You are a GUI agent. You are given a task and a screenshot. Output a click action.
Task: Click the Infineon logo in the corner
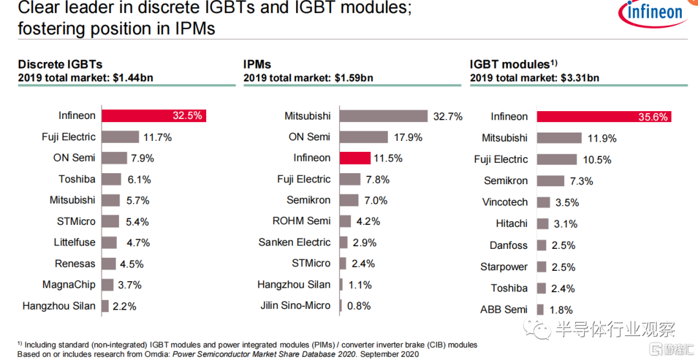click(x=653, y=14)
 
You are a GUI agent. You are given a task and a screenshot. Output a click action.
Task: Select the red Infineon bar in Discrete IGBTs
click(x=154, y=116)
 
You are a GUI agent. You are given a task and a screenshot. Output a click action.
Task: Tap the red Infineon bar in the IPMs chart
click(x=355, y=158)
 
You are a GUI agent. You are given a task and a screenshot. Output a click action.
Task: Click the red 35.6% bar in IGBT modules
click(x=604, y=116)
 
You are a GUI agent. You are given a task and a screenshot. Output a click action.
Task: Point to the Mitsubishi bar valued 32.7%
click(x=384, y=116)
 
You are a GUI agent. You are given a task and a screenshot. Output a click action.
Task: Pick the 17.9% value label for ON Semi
click(x=408, y=137)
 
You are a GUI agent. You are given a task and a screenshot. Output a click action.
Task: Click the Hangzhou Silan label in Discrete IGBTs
click(x=59, y=306)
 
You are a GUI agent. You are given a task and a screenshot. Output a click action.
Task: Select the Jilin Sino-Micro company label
click(x=295, y=306)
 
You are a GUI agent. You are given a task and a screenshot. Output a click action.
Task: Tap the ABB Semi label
click(x=503, y=310)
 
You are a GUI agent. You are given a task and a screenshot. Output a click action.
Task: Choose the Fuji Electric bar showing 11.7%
click(x=120, y=137)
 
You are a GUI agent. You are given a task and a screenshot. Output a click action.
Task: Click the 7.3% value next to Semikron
click(x=582, y=181)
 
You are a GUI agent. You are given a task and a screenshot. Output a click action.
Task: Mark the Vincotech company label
click(x=505, y=202)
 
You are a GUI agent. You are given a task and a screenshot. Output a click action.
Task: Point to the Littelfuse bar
click(x=109, y=242)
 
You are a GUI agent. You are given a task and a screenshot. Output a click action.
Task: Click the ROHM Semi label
click(x=301, y=221)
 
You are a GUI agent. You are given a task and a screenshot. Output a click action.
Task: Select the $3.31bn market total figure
click(x=580, y=78)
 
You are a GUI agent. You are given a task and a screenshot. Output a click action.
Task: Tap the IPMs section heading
click(x=257, y=64)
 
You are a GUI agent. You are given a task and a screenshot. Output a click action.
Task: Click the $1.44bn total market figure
click(x=132, y=78)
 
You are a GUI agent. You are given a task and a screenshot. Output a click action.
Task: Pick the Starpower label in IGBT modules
click(x=504, y=267)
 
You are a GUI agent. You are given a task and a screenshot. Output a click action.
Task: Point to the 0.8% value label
click(x=359, y=306)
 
